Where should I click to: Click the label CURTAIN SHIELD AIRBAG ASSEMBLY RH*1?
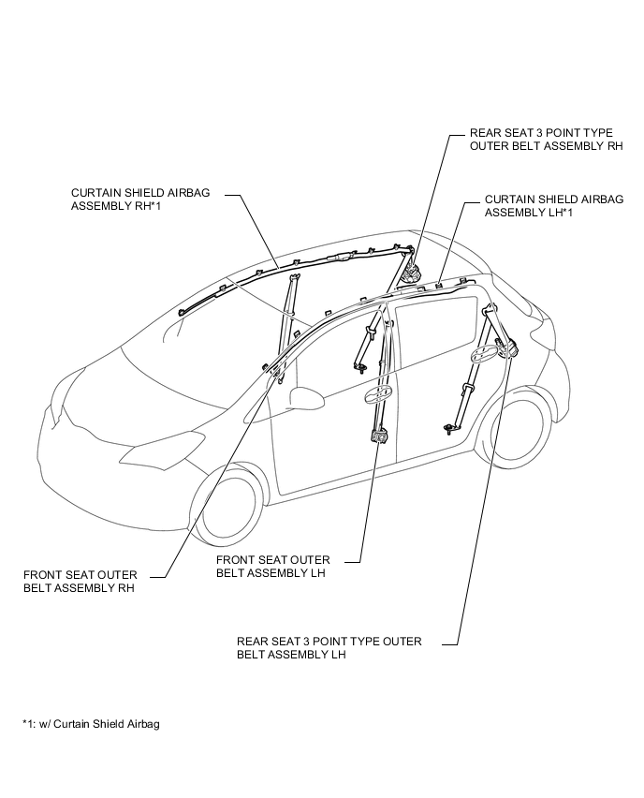(140, 199)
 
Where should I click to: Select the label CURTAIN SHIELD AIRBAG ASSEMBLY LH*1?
(554, 206)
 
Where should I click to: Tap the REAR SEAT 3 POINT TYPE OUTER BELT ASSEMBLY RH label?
(547, 140)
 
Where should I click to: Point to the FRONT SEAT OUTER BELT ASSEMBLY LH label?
(272, 567)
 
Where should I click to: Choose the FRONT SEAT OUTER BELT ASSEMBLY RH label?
(80, 582)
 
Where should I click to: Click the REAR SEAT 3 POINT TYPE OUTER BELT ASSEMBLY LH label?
(329, 648)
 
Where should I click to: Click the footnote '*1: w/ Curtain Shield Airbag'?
(91, 724)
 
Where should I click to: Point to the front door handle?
(379, 392)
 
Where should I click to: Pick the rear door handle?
(484, 354)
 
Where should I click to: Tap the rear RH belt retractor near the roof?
(411, 274)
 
